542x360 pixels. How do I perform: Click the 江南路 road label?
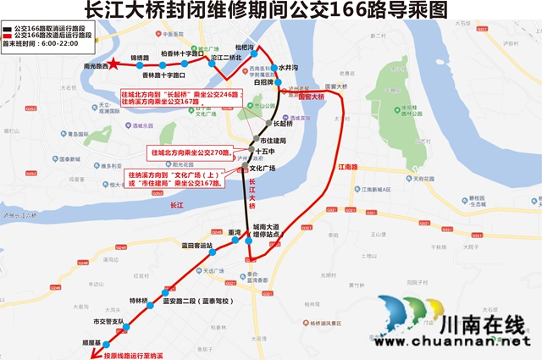pyautogui.click(x=348, y=167)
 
